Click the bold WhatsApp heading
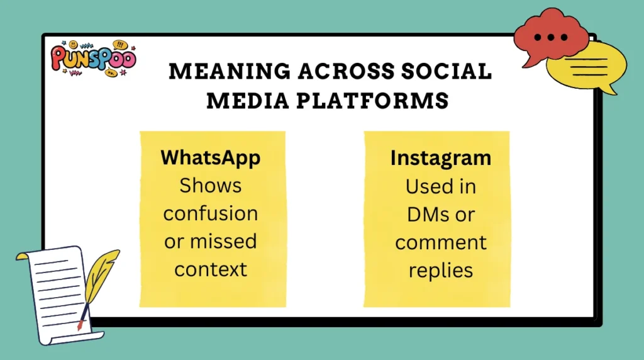point(210,157)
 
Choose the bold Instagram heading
point(440,158)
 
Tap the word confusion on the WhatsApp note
point(210,213)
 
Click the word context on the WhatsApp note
point(211,269)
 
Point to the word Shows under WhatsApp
point(210,186)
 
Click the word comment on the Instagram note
point(440,242)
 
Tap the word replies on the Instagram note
point(440,270)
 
